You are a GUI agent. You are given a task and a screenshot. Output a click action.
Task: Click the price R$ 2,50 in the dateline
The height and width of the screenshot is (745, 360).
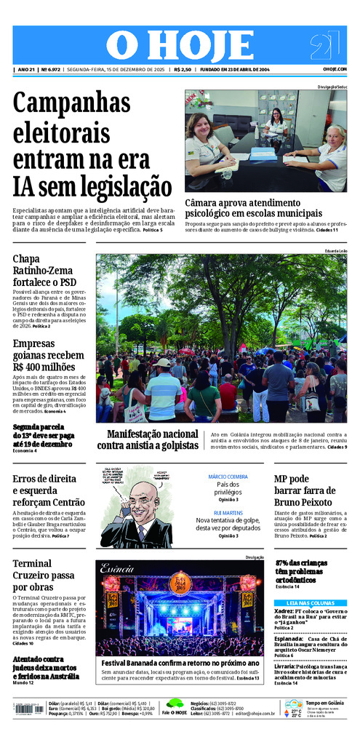[183, 69]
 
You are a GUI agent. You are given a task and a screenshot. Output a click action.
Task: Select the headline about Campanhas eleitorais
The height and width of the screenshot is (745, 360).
[92, 146]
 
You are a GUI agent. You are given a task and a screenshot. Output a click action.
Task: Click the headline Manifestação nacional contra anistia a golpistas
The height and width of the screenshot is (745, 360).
[148, 439]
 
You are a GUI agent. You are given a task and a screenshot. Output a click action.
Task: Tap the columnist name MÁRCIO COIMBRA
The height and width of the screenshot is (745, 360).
[228, 477]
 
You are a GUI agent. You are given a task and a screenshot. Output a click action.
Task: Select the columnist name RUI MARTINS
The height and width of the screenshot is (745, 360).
[228, 512]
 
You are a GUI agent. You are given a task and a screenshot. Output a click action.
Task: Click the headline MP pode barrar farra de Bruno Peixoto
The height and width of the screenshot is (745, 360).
[303, 490]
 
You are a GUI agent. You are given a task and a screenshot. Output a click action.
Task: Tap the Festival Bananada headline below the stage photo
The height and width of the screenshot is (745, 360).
[180, 663]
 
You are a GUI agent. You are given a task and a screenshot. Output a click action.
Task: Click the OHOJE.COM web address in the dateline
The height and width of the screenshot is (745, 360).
[335, 69]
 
